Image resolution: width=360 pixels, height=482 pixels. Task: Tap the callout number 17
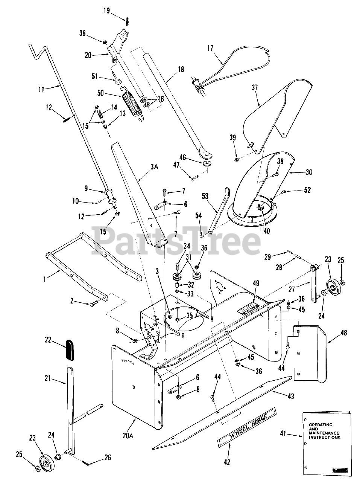coord(210,48)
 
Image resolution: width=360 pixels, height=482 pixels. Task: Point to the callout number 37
coord(255,87)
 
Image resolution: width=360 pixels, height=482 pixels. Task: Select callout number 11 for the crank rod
coord(41,89)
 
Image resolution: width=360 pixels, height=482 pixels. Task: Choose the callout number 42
coord(227,462)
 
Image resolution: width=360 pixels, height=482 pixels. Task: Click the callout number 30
coord(309,172)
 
